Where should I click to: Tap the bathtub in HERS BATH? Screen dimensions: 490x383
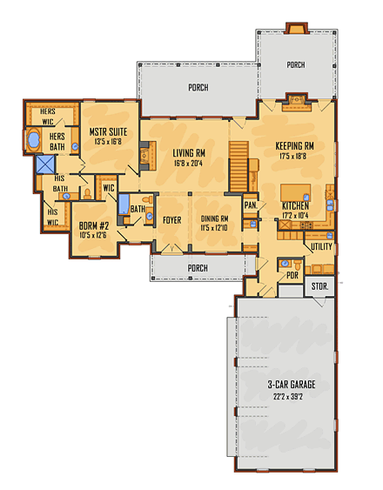[35, 139]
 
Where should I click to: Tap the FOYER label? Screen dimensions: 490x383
[172, 220]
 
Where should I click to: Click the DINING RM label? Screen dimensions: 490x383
[214, 219]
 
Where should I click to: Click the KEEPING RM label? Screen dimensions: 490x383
[294, 146]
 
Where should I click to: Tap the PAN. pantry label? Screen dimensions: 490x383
[249, 205]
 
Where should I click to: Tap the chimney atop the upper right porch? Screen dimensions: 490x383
[294, 30]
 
